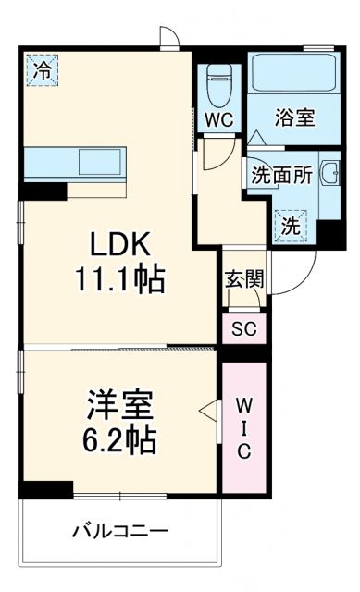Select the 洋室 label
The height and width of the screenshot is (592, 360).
[121, 404]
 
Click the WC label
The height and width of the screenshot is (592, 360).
[218, 120]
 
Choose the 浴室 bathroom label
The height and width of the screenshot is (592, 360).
[295, 117]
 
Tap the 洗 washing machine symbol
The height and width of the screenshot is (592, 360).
[290, 225]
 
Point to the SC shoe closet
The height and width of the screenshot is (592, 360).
[244, 328]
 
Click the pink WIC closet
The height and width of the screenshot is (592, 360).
[243, 426]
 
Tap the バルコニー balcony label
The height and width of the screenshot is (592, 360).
[120, 532]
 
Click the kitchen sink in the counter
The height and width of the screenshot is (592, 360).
[97, 162]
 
